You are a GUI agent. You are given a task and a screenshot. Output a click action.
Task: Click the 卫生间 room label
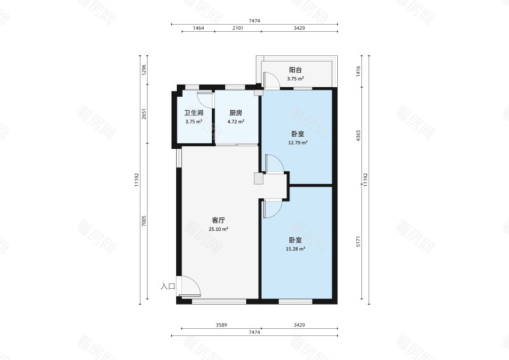[194, 113]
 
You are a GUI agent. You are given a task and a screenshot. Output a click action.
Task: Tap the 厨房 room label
[235, 113]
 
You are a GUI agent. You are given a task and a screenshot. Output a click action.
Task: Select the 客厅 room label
[218, 221]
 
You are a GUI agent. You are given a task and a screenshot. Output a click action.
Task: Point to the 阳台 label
[295, 70]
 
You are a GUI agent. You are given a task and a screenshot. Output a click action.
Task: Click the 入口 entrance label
[168, 286]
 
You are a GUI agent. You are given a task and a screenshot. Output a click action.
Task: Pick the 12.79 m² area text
[298, 142]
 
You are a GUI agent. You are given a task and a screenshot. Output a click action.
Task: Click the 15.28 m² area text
[295, 249]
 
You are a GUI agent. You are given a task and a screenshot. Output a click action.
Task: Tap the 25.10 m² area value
[218, 229]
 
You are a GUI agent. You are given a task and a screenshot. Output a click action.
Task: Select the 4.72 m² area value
[235, 121]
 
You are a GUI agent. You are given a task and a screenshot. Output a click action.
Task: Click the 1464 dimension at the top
[199, 28]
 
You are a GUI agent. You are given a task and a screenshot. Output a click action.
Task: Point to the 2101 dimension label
[237, 28]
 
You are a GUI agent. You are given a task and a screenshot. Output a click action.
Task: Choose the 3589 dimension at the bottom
[221, 325]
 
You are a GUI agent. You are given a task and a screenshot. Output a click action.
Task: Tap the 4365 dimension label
[358, 135]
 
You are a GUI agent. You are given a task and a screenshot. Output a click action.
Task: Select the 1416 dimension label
[358, 71]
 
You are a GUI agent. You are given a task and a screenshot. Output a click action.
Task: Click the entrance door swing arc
[195, 282]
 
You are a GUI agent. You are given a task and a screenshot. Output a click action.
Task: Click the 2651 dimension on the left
[144, 114]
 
